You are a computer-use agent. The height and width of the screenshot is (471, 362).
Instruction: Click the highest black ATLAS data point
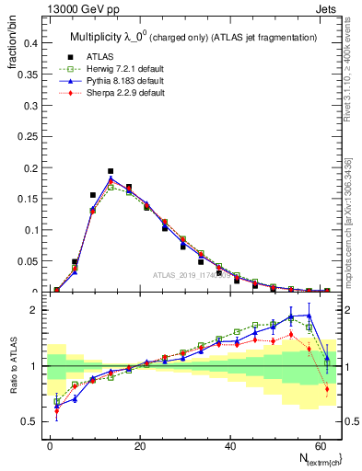111,171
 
